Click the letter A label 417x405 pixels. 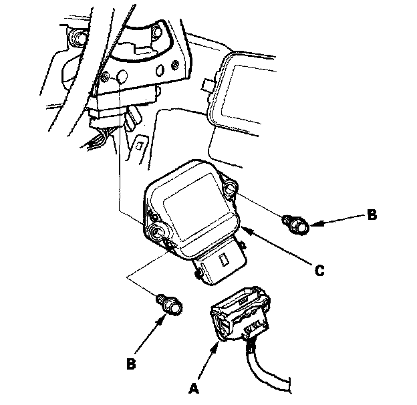point(194,388)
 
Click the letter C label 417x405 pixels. point(319,271)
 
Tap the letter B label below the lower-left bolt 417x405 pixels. point(131,364)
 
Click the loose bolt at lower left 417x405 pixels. point(170,305)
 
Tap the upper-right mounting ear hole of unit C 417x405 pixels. point(229,188)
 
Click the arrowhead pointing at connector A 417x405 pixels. point(216,346)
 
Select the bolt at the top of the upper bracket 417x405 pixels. point(156,32)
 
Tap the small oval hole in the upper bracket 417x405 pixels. point(160,71)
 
